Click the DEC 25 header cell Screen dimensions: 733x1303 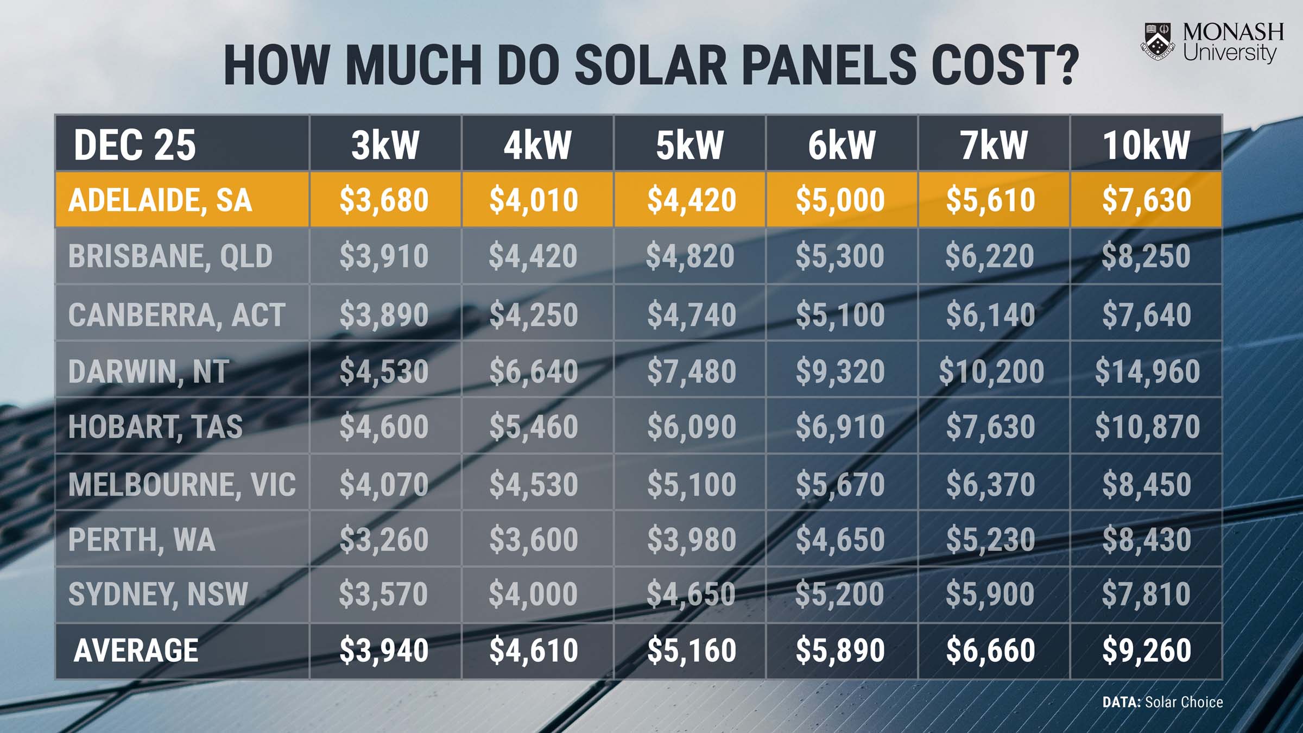pyautogui.click(x=135, y=145)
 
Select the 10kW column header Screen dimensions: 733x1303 pyautogui.click(x=1146, y=145)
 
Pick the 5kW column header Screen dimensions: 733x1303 pyautogui.click(x=690, y=145)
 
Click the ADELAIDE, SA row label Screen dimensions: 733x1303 pyautogui.click(x=160, y=200)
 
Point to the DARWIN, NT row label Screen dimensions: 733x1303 pyautogui.click(x=148, y=371)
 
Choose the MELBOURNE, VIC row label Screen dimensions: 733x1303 pyautogui.click(x=182, y=484)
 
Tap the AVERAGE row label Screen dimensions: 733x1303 pyautogui.click(x=136, y=650)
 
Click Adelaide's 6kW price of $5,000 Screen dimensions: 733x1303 pyautogui.click(x=840, y=200)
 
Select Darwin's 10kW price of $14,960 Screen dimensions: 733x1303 pyautogui.click(x=1147, y=371)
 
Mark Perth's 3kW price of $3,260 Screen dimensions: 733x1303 pyautogui.click(x=384, y=539)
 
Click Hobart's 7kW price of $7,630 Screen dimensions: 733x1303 pyautogui.click(x=991, y=426)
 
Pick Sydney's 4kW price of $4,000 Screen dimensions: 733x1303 pyautogui.click(x=533, y=593)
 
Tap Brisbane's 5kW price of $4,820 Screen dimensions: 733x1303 pyautogui.click(x=690, y=256)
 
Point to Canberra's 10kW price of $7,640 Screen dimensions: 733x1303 pyautogui.click(x=1147, y=314)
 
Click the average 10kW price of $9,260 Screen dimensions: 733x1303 pyautogui.click(x=1147, y=650)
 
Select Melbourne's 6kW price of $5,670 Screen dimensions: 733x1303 pyautogui.click(x=840, y=484)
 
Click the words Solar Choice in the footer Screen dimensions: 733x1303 pyautogui.click(x=1184, y=702)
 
